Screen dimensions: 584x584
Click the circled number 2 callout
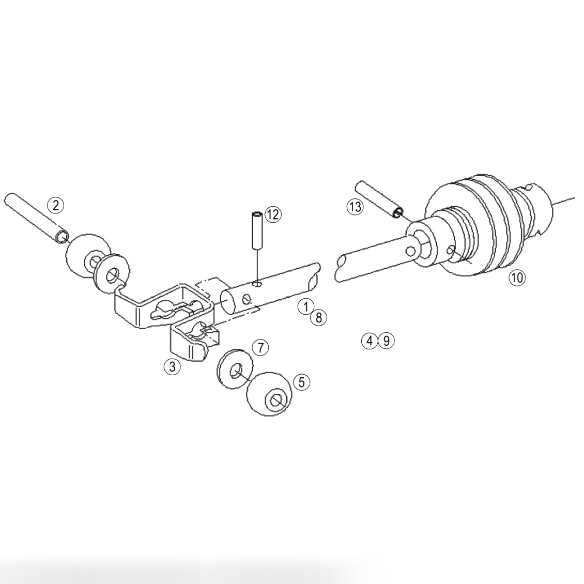tap(56, 205)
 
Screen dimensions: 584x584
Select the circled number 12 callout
tap(273, 214)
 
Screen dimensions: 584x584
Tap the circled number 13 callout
tap(355, 207)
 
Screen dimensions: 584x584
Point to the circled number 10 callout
tap(517, 278)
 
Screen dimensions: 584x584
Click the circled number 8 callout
tap(318, 317)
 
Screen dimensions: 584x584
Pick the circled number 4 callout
tap(370, 341)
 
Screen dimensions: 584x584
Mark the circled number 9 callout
tap(386, 341)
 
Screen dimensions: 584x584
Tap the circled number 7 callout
tap(260, 347)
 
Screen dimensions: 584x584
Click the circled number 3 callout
tap(172, 367)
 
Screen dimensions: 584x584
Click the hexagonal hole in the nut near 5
tap(276, 401)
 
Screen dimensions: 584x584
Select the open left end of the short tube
tap(227, 302)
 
